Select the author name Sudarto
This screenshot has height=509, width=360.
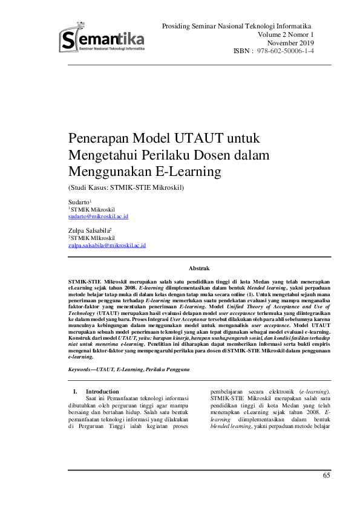tap(79, 201)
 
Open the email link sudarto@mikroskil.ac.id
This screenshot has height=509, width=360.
tap(98, 216)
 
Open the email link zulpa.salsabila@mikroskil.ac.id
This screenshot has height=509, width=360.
tap(107, 245)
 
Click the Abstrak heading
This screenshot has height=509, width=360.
tap(199, 267)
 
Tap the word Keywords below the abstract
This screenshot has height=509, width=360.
tap(82, 369)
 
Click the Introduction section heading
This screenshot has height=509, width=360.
tap(102, 391)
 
